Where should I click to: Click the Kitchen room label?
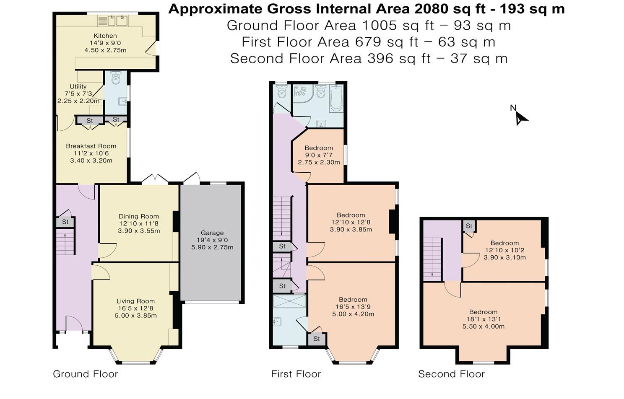[105, 36]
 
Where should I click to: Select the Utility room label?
[78, 86]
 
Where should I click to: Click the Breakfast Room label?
[91, 146]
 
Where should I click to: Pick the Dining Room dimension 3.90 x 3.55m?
[139, 231]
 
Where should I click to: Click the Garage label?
[212, 233]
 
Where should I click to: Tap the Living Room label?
[135, 301]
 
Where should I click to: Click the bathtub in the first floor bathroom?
[336, 98]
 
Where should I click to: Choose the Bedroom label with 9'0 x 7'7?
[319, 148]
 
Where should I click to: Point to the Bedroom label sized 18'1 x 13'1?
[483, 312]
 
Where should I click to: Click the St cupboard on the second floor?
[469, 226]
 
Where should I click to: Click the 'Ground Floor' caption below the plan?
[86, 374]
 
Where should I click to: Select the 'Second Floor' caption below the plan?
[451, 374]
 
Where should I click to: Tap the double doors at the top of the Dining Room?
[155, 179]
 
